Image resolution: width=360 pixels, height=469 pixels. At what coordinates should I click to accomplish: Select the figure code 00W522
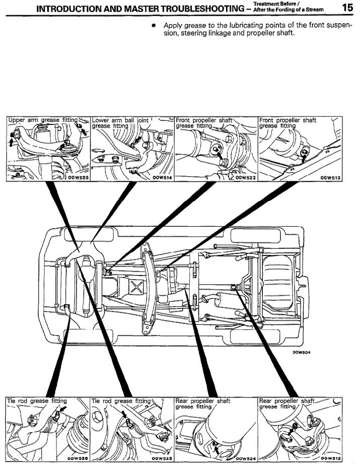[246, 177]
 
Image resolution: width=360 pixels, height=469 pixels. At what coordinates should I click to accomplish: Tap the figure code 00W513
[330, 177]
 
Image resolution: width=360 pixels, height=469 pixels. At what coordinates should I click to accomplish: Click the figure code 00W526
[78, 458]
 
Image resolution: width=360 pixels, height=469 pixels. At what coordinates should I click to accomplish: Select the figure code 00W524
[246, 458]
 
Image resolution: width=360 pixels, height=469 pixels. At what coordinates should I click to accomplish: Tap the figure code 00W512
[330, 458]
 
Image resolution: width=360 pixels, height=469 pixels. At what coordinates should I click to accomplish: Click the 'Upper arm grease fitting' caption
[43, 120]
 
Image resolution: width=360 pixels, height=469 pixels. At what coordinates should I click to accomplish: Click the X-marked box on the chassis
[136, 289]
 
